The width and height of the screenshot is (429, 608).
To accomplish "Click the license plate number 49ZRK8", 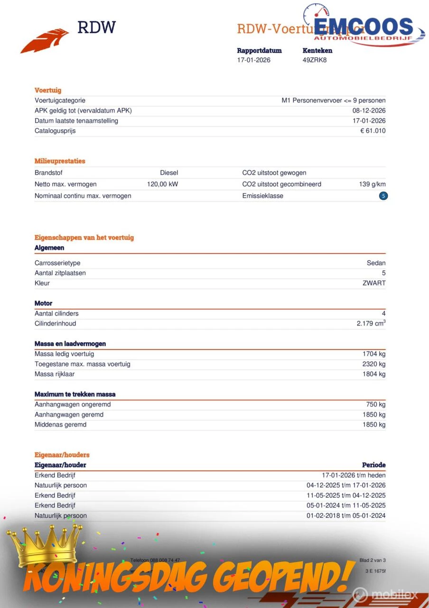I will tap(315, 60).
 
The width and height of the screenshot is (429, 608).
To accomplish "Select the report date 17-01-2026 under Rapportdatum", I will tap(254, 60).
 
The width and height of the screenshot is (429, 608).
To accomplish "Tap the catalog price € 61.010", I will tap(373, 131).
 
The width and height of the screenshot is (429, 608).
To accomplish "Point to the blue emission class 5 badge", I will tap(383, 196).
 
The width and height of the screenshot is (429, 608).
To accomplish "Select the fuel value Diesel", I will tap(169, 173).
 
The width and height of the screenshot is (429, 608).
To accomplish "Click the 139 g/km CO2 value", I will tap(372, 184).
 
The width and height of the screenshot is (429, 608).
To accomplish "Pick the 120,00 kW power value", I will tap(162, 184).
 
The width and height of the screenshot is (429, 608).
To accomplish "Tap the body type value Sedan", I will tap(376, 263).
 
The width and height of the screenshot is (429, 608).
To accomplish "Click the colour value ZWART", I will tap(374, 283).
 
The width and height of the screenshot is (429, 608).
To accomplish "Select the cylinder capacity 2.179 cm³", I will tap(371, 323).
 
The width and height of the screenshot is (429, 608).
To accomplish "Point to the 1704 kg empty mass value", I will tap(374, 354).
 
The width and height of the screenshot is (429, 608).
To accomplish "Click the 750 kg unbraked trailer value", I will tap(376, 405).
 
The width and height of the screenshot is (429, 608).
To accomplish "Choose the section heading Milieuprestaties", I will tap(60, 161).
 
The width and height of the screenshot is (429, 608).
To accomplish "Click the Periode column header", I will tap(374, 465).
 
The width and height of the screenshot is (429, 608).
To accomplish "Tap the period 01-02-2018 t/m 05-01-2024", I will tap(346, 515).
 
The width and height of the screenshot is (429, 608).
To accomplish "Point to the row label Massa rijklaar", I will tap(55, 374).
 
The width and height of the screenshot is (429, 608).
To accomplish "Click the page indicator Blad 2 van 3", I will tap(373, 560).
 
